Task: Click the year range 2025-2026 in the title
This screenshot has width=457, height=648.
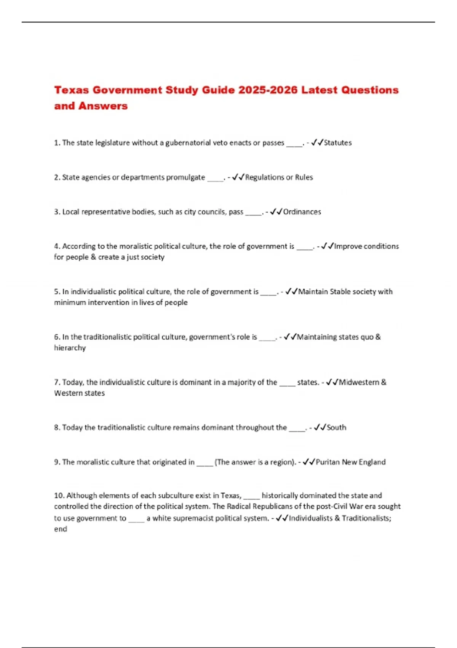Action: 268,90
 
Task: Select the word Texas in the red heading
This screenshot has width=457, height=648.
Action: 72,90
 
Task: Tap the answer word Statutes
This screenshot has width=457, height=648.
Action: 338,143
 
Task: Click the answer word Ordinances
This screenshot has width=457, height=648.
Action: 302,212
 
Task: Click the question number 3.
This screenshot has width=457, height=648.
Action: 57,212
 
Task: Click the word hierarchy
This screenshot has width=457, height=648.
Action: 70,348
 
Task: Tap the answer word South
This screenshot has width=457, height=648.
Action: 337,427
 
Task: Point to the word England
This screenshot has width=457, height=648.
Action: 372,462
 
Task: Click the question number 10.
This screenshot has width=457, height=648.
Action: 59,496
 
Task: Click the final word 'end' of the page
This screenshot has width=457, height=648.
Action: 61,529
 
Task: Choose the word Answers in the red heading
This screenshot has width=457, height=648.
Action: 103,106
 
